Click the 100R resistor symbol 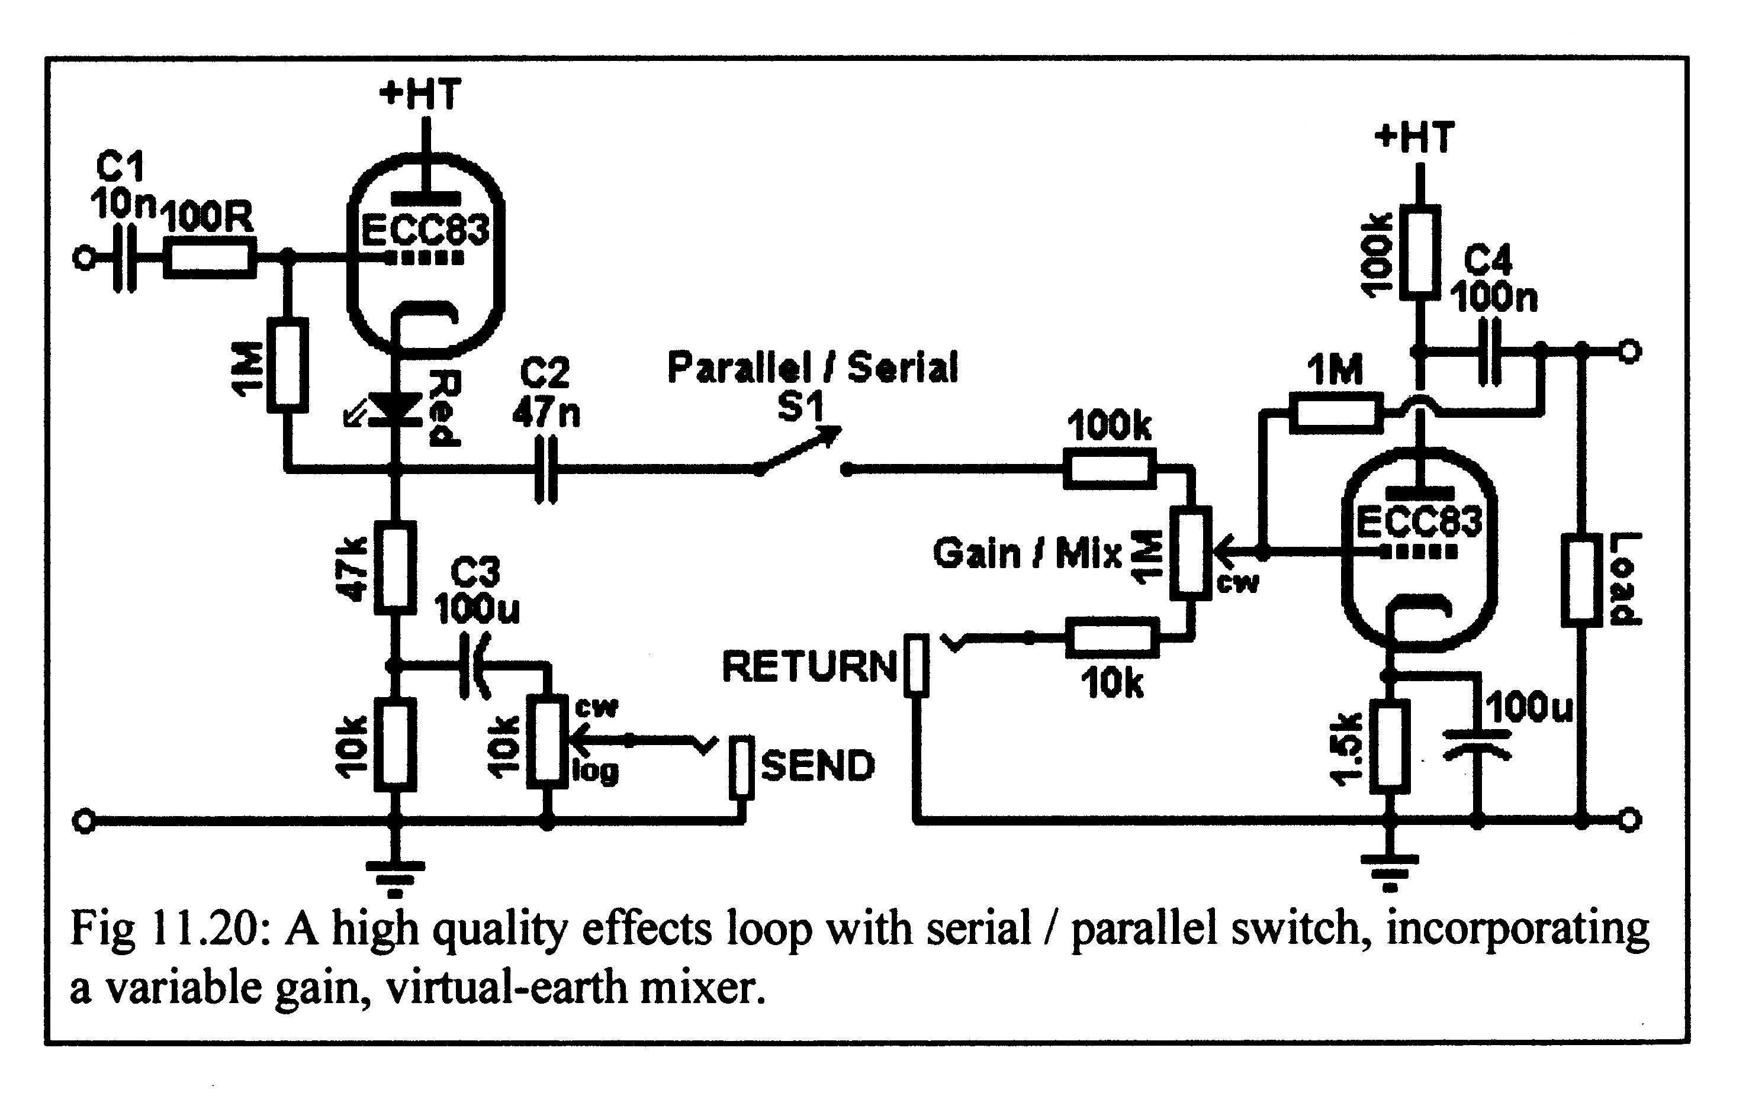210,258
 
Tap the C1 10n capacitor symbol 125,258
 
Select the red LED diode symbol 395,407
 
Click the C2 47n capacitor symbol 545,470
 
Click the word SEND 818,767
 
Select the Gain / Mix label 1027,555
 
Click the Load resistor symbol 1581,580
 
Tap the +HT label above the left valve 420,94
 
